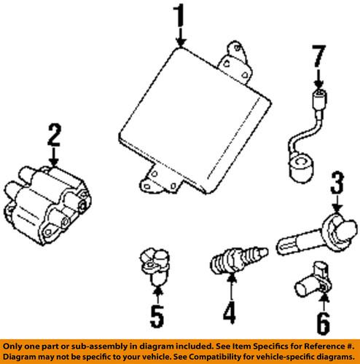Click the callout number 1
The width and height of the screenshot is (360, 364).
(x=180, y=15)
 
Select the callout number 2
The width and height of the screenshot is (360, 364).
(x=52, y=135)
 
